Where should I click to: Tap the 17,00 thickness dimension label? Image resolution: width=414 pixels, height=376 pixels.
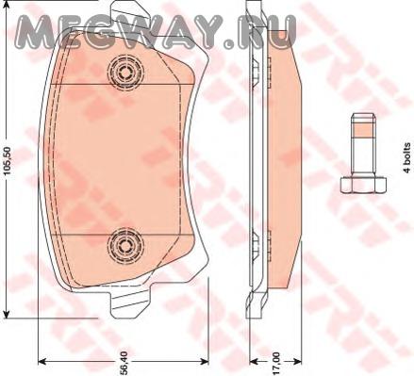click(275, 364)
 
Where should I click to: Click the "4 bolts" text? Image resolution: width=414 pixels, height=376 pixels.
click(407, 157)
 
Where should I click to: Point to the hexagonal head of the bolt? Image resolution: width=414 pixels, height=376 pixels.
click(363, 185)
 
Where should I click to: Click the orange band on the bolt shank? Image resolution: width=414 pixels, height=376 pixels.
click(363, 130)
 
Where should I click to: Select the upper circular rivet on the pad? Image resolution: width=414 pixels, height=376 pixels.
click(125, 73)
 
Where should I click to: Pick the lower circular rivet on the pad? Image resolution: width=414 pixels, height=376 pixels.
click(125, 247)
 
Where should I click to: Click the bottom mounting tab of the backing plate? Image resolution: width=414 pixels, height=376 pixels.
click(130, 302)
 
